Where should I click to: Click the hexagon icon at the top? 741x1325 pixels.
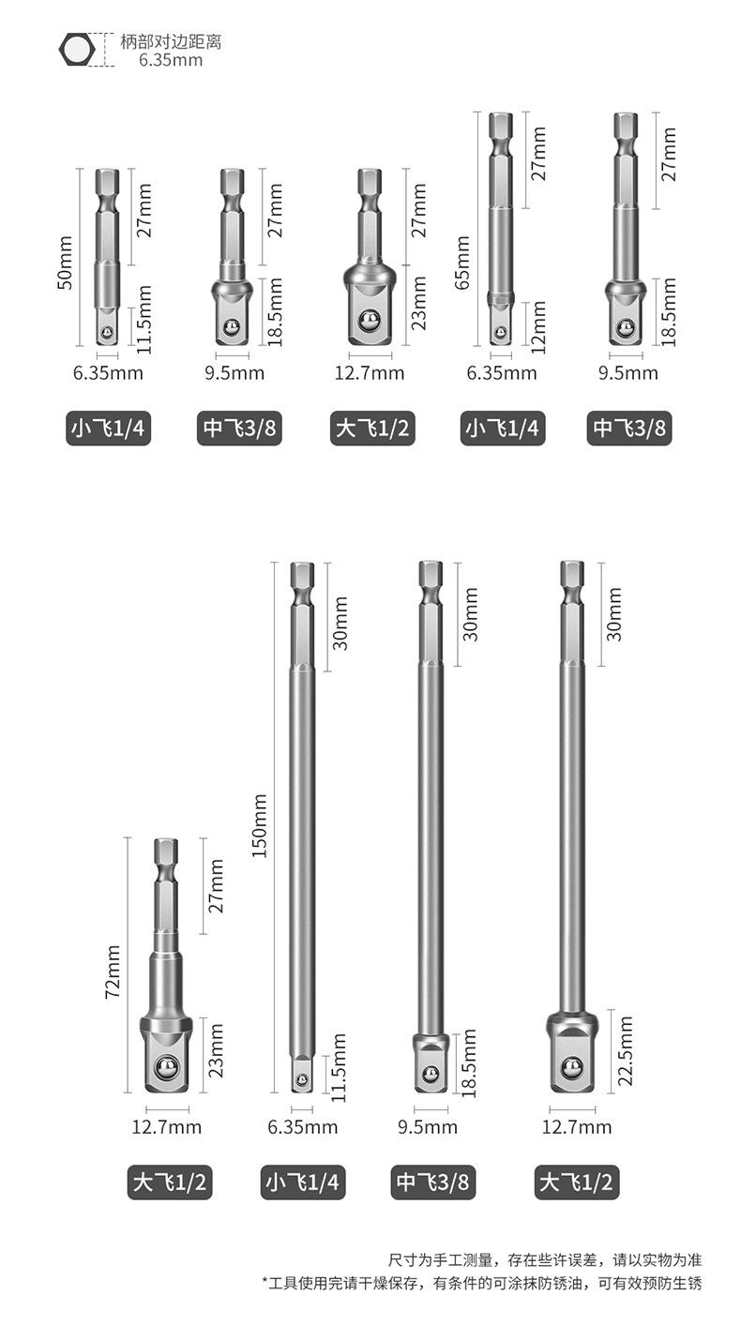click(77, 49)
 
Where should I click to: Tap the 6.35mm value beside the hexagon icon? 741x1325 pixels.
click(171, 60)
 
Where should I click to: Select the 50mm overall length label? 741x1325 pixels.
click(65, 262)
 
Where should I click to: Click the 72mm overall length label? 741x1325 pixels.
click(113, 971)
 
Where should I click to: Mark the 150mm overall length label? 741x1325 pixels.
click(259, 826)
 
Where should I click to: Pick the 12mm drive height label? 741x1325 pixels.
click(538, 327)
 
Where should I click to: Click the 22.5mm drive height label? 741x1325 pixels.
click(625, 1050)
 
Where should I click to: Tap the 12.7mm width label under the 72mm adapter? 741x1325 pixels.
click(166, 1127)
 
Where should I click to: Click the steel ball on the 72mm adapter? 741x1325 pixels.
click(166, 1068)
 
